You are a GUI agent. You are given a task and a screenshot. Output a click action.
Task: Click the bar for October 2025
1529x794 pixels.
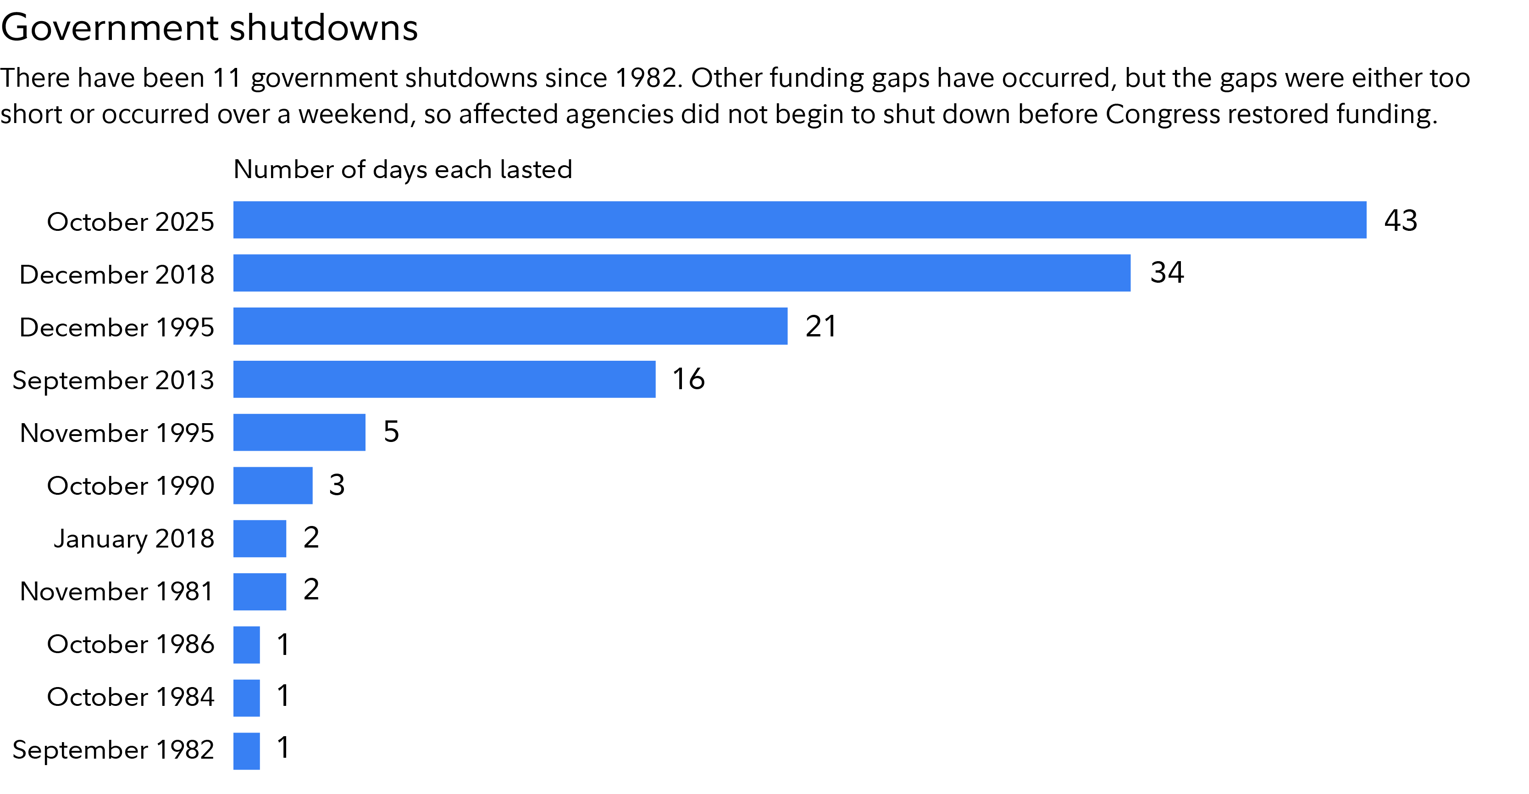click(799, 220)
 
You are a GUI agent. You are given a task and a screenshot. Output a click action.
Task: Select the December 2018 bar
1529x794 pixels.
click(681, 273)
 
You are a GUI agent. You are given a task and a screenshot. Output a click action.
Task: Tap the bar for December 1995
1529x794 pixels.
click(510, 326)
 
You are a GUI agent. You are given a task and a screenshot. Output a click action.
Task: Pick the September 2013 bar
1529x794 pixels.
click(444, 379)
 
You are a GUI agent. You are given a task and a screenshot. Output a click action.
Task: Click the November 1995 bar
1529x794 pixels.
click(299, 432)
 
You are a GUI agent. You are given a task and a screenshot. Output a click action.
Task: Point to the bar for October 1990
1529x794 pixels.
click(272, 485)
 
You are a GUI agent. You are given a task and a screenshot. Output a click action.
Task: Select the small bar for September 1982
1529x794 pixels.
click(246, 751)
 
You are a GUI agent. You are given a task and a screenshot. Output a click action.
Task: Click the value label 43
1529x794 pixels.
click(1400, 220)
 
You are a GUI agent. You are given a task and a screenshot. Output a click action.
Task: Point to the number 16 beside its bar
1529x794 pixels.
click(688, 379)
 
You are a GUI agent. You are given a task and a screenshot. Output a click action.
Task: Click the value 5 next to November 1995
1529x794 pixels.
click(391, 432)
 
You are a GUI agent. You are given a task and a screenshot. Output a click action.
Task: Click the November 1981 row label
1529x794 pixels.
click(116, 592)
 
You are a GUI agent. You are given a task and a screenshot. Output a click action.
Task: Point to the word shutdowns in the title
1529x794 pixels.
click(323, 28)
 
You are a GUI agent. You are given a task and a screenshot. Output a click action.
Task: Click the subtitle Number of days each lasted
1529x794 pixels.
click(403, 169)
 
